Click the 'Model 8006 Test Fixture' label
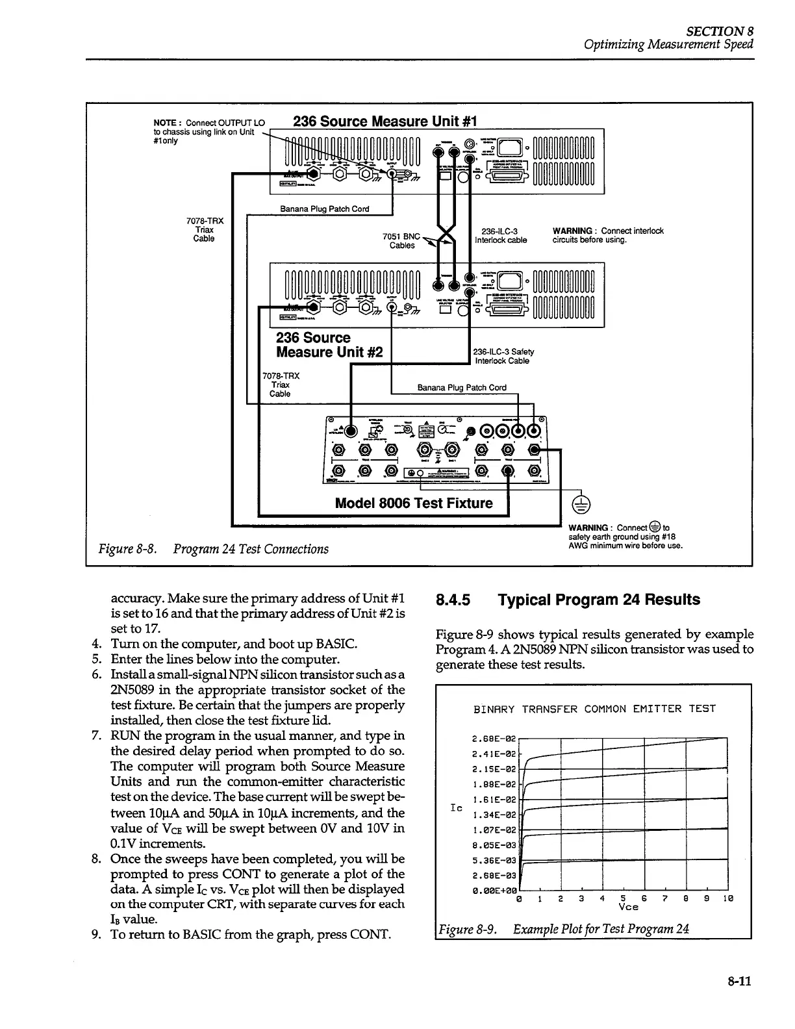[414, 503]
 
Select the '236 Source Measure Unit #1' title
[385, 121]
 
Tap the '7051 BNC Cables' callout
[402, 241]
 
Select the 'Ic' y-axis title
[457, 808]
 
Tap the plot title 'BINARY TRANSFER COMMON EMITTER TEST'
[594, 709]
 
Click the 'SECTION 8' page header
[722, 31]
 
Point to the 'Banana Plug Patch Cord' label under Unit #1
[324, 209]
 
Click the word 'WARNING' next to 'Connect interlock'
[572, 231]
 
